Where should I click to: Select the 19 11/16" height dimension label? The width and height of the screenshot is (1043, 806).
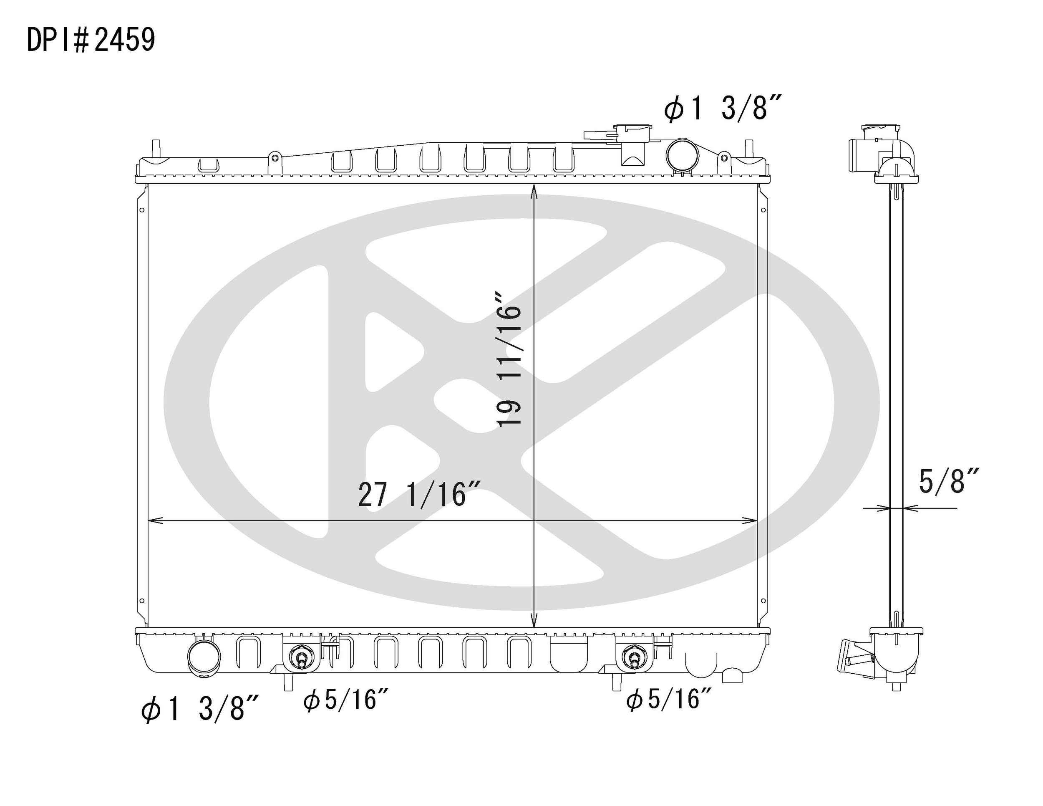(x=509, y=359)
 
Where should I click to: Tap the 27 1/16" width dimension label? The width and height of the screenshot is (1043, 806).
(x=419, y=495)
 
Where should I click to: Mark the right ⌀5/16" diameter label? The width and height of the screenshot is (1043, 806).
(x=670, y=700)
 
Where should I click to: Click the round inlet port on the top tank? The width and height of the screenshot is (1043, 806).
(x=683, y=155)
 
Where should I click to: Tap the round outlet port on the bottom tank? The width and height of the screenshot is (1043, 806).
(x=205, y=657)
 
